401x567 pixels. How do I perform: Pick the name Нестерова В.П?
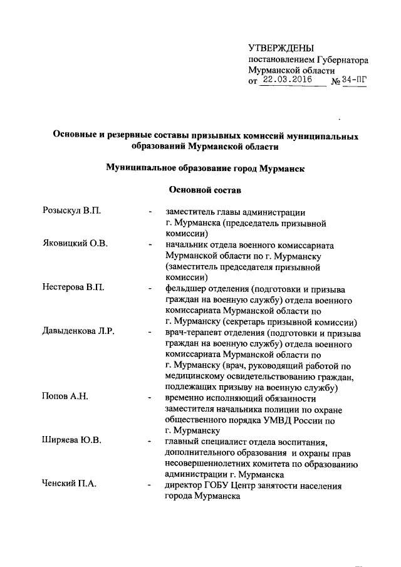[x=73, y=288]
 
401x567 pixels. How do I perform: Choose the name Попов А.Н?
[x=65, y=398]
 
